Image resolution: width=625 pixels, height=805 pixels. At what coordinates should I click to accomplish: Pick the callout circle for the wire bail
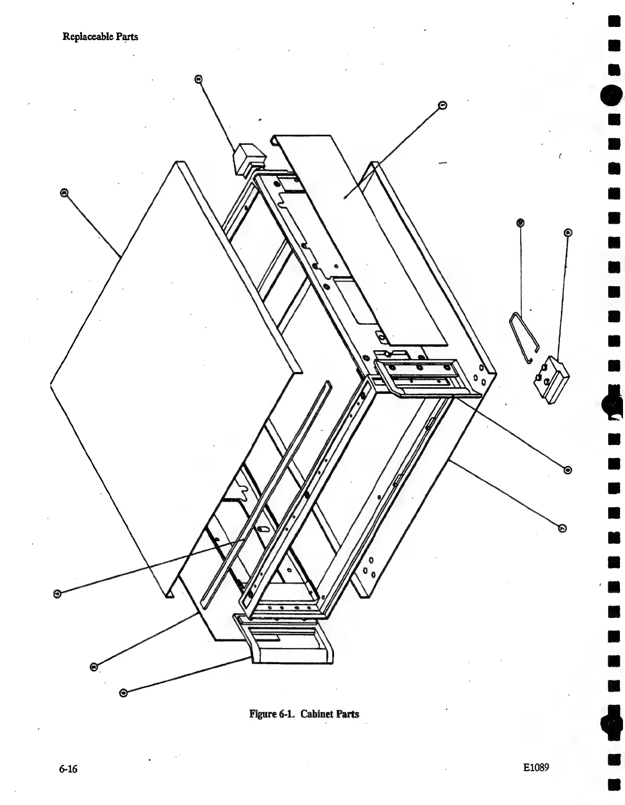click(x=520, y=223)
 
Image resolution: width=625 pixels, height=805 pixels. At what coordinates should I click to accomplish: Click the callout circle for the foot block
click(x=568, y=233)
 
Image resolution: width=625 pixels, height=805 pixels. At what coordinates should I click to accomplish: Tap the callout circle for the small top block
click(x=198, y=79)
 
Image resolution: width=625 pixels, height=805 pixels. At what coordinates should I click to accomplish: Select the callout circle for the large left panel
click(x=64, y=193)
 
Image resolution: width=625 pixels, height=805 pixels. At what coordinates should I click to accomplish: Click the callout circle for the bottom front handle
click(x=123, y=692)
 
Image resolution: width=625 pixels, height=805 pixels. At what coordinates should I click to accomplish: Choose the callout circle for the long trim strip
click(x=57, y=593)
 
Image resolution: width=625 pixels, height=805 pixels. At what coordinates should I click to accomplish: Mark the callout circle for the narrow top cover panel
click(x=442, y=105)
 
